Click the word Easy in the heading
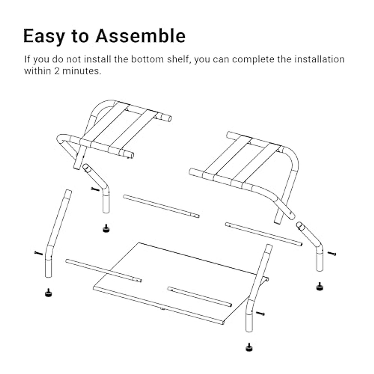[44, 36]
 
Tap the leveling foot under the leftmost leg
[48, 293]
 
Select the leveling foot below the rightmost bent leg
[319, 286]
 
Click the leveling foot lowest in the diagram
[249, 347]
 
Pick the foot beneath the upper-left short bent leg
[106, 229]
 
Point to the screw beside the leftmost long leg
[38, 253]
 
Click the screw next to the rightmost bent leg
[332, 254]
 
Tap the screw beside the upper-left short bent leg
[95, 189]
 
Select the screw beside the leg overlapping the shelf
[260, 313]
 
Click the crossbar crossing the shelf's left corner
[103, 271]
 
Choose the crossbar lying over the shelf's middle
[199, 297]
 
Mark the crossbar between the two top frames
[161, 206]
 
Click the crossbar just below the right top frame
[264, 234]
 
